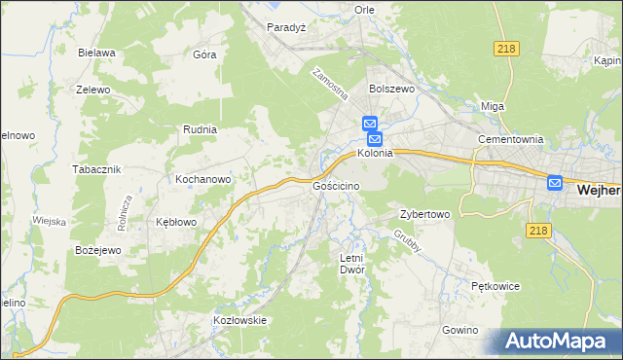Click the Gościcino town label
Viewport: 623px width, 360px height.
point(337,186)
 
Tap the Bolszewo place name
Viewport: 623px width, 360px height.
point(392,88)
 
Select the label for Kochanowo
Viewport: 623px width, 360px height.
point(202,180)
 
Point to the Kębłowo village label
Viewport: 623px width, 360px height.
point(177,222)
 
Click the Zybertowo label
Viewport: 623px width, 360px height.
point(424,214)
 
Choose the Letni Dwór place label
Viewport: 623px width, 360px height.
point(350,264)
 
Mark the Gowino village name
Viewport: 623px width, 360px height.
point(460,331)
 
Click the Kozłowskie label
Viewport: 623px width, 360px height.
point(239,320)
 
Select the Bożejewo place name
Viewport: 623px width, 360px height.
point(97,251)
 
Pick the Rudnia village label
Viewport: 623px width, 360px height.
point(200,128)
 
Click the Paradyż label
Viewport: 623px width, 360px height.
point(287,28)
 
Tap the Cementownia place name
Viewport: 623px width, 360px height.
point(509,139)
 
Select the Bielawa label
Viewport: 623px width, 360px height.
point(97,53)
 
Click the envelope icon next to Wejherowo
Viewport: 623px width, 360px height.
point(555,182)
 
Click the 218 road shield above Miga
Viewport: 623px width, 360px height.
point(506,49)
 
